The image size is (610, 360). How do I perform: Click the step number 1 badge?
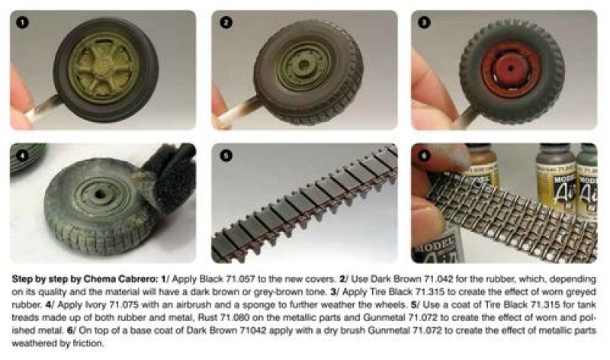click(22, 23)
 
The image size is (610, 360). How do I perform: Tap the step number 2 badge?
click(226, 23)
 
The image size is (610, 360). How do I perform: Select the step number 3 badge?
click(424, 23)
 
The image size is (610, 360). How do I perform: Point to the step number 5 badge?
click(226, 156)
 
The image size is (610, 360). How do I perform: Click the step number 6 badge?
click(424, 156)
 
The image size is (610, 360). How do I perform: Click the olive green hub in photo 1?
click(104, 68)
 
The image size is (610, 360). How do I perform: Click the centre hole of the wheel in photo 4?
click(100, 194)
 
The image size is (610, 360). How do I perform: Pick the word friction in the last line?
click(88, 343)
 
